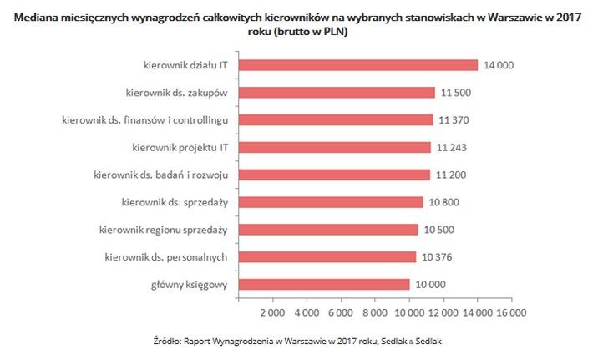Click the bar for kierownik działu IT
coord(358,65)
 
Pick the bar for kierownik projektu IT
coord(335,147)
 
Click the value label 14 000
coord(499,65)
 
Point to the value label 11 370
coord(455,120)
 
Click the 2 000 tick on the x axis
coord(273,313)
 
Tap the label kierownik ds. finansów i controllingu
coord(151,120)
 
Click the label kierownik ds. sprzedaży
coord(180,202)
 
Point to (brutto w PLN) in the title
coord(308,33)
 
